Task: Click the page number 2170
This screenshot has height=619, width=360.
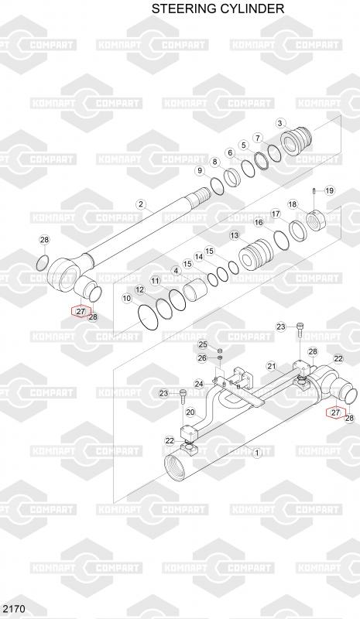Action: [x=14, y=608]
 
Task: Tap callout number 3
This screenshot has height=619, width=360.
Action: [x=280, y=124]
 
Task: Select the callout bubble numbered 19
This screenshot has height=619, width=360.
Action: [x=330, y=191]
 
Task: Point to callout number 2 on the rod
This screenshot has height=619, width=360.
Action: [x=140, y=204]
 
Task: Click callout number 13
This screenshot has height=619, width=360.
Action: [x=235, y=236]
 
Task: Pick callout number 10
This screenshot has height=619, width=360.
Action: [x=126, y=299]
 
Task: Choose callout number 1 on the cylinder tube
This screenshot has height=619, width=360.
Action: [x=257, y=453]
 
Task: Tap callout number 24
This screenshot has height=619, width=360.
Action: [x=199, y=384]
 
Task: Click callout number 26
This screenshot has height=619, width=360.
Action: [x=202, y=358]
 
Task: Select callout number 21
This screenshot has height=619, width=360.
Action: [x=272, y=366]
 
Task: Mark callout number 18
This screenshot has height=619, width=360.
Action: [x=293, y=204]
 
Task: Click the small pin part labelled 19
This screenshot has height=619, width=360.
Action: [x=314, y=192]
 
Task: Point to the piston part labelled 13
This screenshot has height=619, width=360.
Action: [x=255, y=255]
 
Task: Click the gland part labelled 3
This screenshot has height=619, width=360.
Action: [x=297, y=141]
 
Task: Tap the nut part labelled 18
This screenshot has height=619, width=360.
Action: [x=315, y=220]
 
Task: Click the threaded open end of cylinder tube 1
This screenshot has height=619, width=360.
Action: [x=174, y=467]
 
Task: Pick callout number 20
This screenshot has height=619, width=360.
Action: [x=190, y=412]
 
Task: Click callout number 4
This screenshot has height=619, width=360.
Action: [x=177, y=272]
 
